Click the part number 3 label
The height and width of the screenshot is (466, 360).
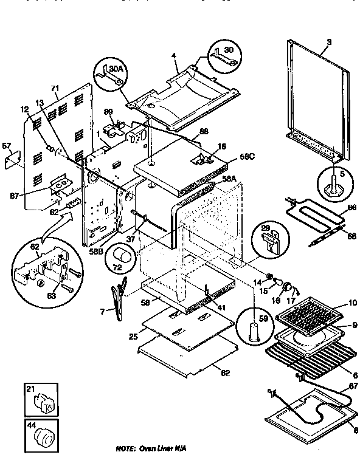(329, 41)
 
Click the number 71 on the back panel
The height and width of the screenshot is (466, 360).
(54, 89)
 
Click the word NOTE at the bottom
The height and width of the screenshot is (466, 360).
(125, 448)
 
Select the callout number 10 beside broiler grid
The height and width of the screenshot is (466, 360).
(352, 303)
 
